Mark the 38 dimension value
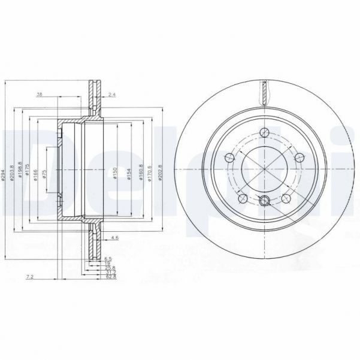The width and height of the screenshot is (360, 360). (x=40, y=94)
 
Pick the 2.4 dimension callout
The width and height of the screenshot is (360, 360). (x=113, y=94)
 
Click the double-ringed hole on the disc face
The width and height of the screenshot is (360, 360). (x=265, y=201)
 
